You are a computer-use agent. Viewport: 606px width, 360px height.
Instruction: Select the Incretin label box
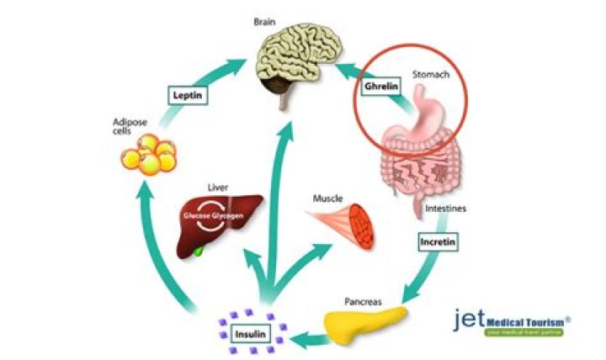[438, 243]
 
